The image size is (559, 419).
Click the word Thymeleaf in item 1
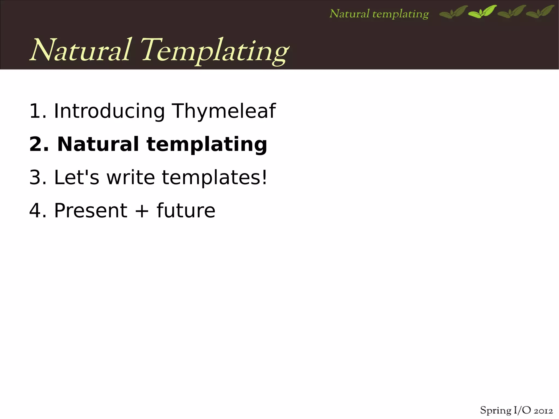pos(224,111)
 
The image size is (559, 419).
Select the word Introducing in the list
pos(109,111)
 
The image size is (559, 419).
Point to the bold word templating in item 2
pos(207,145)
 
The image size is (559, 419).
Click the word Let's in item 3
pos(77,177)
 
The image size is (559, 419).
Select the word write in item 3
pos(131,177)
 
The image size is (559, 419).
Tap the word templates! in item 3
pos(215,178)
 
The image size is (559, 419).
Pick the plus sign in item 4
pos(142,211)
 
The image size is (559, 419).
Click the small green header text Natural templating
pos(379,14)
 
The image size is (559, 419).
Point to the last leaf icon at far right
pos(540,12)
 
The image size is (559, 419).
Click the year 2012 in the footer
pos(543,411)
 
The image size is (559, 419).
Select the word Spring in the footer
pos(496,411)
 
